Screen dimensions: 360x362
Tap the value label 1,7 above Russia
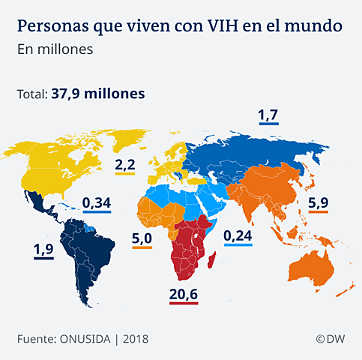point(268,115)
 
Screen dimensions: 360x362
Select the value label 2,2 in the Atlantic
point(124,164)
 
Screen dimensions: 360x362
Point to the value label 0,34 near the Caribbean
point(96,202)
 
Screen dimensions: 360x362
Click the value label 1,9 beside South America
point(42,250)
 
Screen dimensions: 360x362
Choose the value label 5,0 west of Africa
point(142,239)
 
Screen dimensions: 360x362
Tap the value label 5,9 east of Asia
point(318,202)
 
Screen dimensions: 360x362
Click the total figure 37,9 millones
point(98,94)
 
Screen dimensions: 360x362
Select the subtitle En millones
point(55,50)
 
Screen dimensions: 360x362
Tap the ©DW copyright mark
point(330,339)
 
